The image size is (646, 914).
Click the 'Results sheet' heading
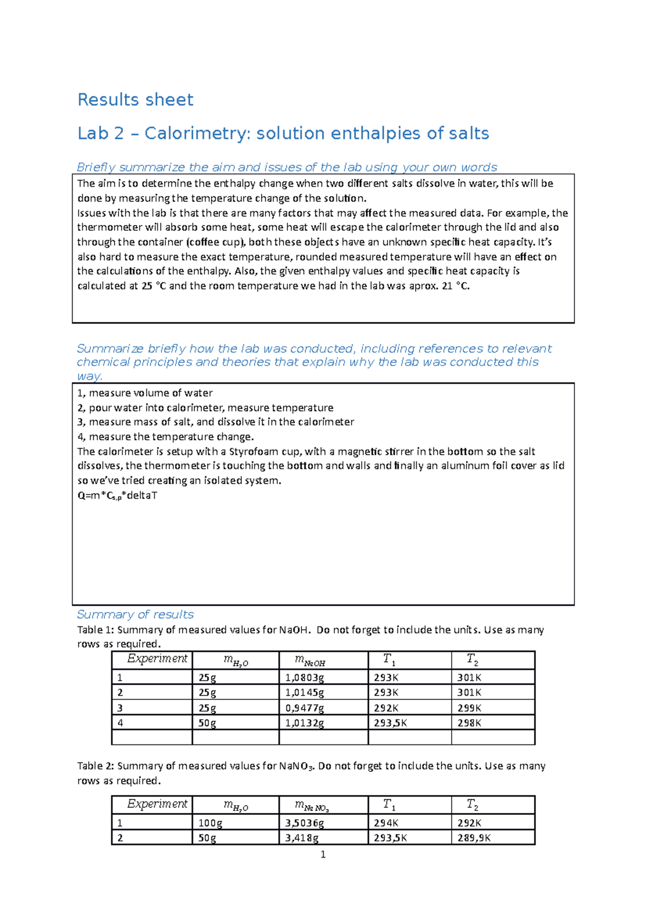(x=135, y=100)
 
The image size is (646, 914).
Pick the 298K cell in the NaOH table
(x=469, y=723)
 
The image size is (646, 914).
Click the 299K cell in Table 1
(x=469, y=708)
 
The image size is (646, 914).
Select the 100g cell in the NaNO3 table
(x=210, y=823)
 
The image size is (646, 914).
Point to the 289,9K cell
(x=474, y=838)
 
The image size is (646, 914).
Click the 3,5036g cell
(x=305, y=823)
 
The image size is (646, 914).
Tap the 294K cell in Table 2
(x=386, y=823)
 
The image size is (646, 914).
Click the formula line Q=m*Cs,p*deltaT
(x=117, y=496)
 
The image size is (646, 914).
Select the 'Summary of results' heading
(x=135, y=614)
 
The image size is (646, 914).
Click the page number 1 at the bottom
(x=323, y=854)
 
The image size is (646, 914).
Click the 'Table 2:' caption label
(x=95, y=766)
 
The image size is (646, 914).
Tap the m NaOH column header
(x=310, y=660)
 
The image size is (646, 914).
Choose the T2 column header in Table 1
(x=472, y=659)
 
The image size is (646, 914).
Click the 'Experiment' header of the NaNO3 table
(x=157, y=804)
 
